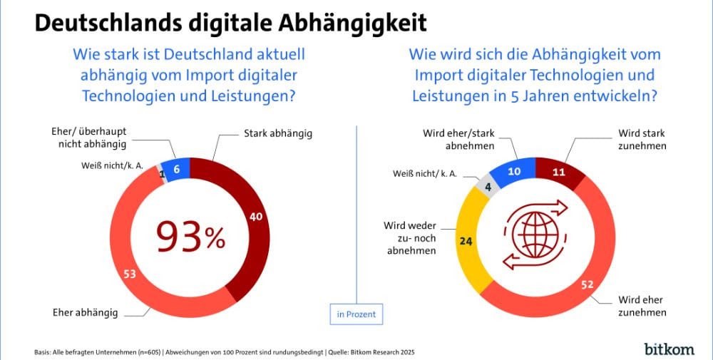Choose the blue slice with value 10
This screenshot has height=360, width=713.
click(x=515, y=171)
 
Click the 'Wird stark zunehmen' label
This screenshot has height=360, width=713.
click(x=642, y=139)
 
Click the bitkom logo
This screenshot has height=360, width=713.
click(x=669, y=348)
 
